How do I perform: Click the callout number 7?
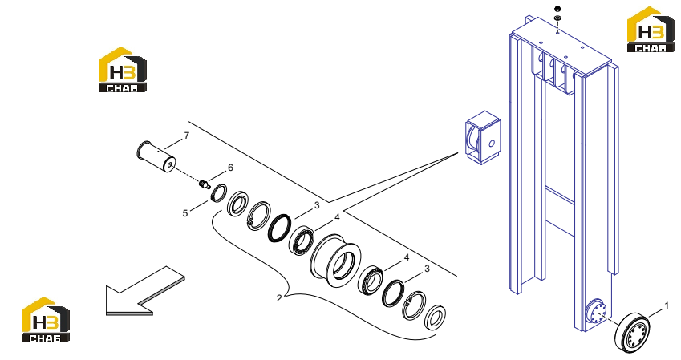[x=187, y=136]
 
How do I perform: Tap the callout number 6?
[x=230, y=168]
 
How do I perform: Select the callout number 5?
[x=185, y=213]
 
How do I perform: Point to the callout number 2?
[x=279, y=298]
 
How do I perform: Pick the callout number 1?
[x=667, y=305]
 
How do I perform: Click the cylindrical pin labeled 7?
[x=156, y=156]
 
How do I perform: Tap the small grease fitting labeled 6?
[x=204, y=184]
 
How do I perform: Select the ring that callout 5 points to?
[x=219, y=192]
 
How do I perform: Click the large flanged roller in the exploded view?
[x=335, y=261]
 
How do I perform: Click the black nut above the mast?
[x=557, y=9]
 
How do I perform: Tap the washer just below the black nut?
[x=557, y=18]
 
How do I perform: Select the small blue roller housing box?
[x=483, y=137]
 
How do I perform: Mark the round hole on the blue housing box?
[x=492, y=144]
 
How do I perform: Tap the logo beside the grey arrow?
[x=46, y=319]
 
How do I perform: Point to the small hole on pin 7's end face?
[x=170, y=164]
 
